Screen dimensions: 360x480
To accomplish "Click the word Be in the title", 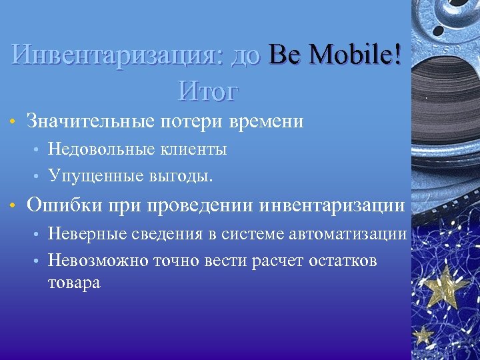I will pos(285,55).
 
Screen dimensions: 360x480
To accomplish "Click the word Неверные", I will pos(87,233).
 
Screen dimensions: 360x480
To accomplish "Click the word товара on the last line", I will pos(74,283).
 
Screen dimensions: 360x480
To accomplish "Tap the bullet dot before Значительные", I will pos(12,123).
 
